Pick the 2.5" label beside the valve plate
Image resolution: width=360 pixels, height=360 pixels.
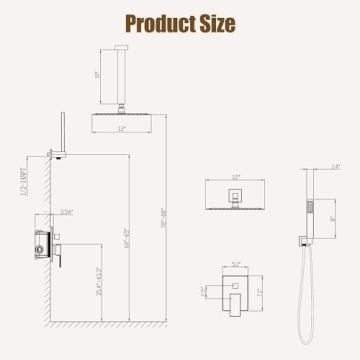point(206,291)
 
